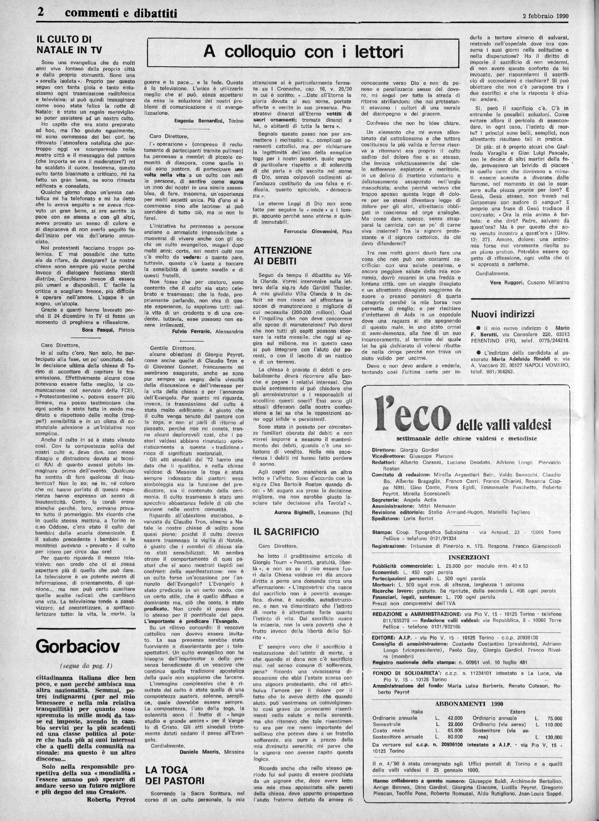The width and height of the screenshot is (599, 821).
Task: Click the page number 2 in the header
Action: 41,13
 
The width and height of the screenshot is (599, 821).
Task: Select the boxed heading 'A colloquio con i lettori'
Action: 303,52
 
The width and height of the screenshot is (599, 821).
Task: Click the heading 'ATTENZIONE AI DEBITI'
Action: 282,255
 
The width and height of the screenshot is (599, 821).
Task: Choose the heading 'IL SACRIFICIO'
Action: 286,531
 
